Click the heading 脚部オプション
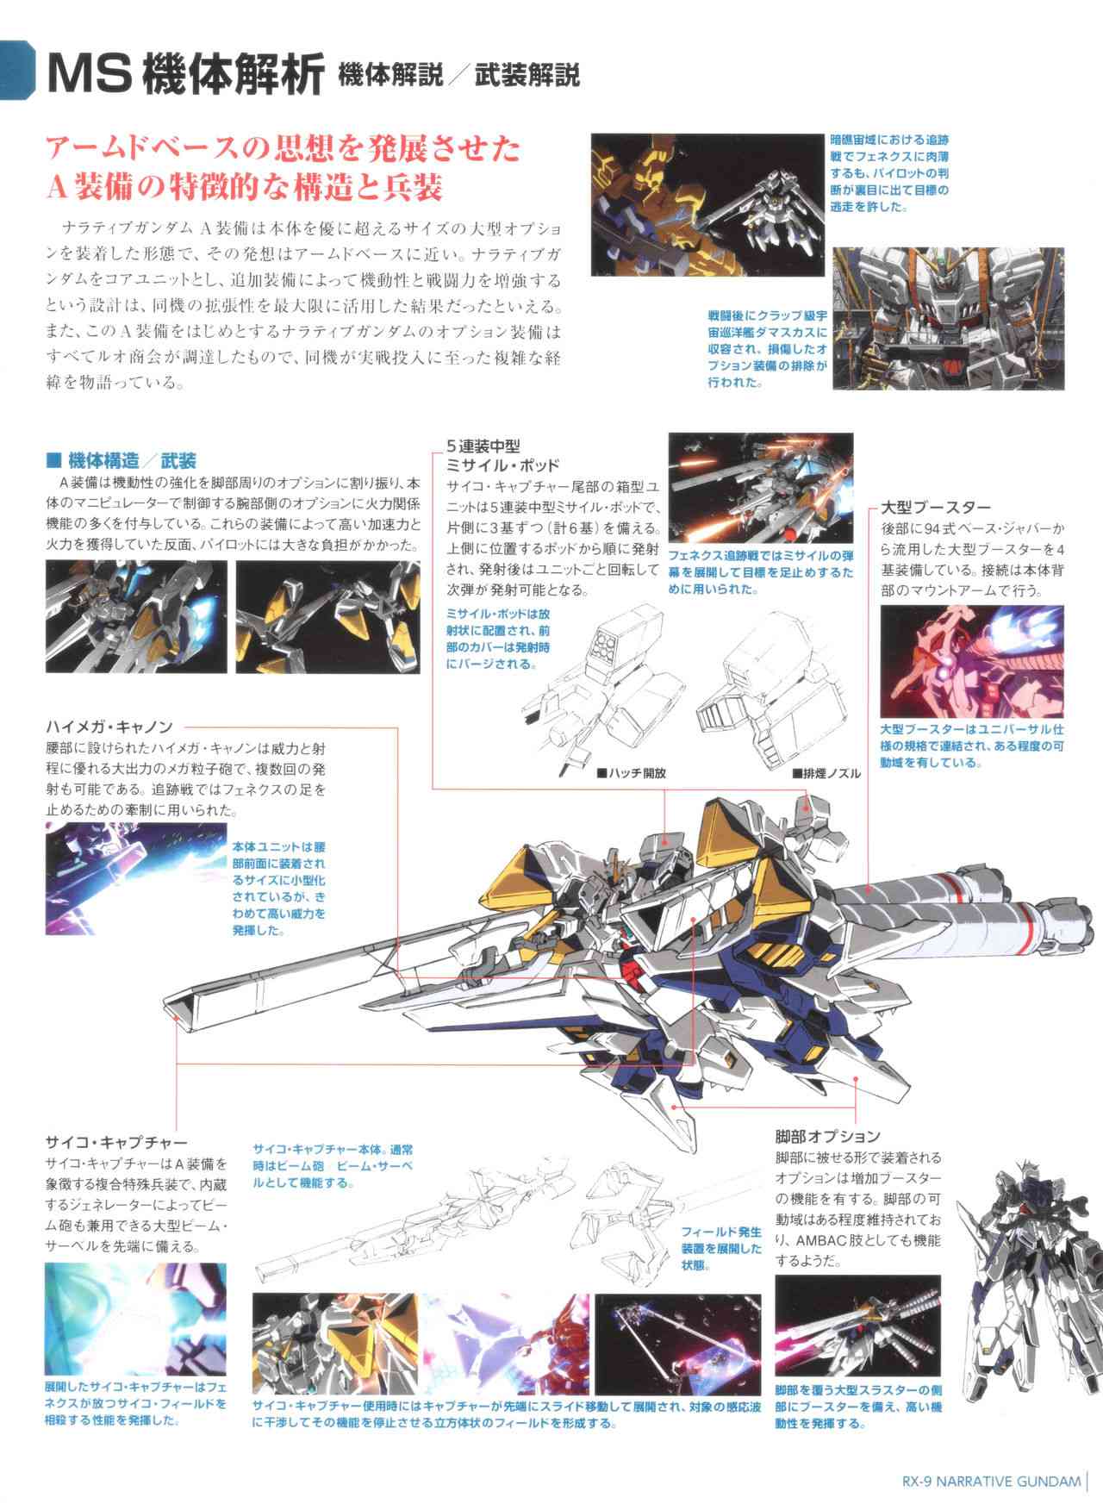point(827,1135)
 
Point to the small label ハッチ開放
point(632,773)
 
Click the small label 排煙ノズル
point(827,773)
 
